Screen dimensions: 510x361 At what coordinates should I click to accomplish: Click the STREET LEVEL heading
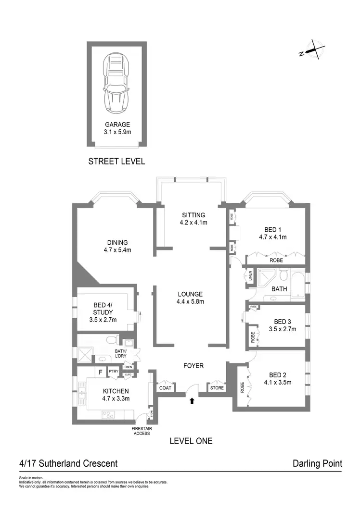(116, 162)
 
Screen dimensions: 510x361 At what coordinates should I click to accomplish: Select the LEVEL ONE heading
(191, 440)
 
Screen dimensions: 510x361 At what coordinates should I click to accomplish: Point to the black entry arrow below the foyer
(193, 400)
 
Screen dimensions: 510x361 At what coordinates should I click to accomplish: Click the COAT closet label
(165, 387)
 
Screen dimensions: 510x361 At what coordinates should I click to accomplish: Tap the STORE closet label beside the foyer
(217, 387)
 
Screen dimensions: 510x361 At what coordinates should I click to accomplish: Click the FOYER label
(193, 366)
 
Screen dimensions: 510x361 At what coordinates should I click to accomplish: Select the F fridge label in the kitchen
(100, 372)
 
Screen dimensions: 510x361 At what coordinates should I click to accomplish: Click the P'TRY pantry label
(114, 372)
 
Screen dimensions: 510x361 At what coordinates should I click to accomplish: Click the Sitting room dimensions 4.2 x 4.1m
(193, 223)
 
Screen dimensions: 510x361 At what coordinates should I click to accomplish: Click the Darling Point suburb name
(317, 464)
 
